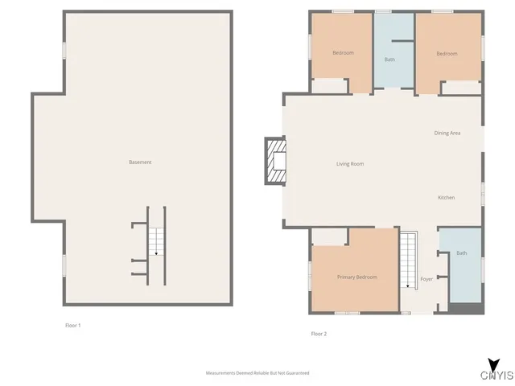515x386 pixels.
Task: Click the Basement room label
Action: click(x=140, y=162)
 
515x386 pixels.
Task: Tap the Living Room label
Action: click(x=350, y=164)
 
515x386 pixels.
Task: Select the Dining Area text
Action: click(x=447, y=133)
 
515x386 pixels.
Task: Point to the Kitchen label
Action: click(x=446, y=198)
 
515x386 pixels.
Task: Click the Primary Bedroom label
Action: click(x=356, y=277)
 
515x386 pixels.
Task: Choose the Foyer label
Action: click(x=426, y=279)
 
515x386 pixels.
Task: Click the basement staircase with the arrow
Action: click(x=156, y=242)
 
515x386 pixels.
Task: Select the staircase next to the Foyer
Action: click(x=410, y=260)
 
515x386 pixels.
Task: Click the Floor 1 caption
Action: click(x=73, y=325)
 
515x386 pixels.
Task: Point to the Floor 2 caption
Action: click(x=319, y=333)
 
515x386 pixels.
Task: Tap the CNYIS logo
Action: click(x=496, y=372)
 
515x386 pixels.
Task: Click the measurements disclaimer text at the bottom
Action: click(x=257, y=373)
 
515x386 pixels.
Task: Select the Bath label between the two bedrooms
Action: click(x=389, y=60)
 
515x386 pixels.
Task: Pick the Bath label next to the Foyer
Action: click(x=461, y=253)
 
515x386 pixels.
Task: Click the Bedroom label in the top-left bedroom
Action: click(x=343, y=53)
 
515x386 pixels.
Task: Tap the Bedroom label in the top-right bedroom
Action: click(x=447, y=54)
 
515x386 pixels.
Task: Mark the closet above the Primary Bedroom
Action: click(x=329, y=236)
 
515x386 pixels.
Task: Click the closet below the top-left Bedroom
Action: click(x=328, y=85)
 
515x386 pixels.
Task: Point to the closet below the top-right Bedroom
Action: click(x=462, y=87)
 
